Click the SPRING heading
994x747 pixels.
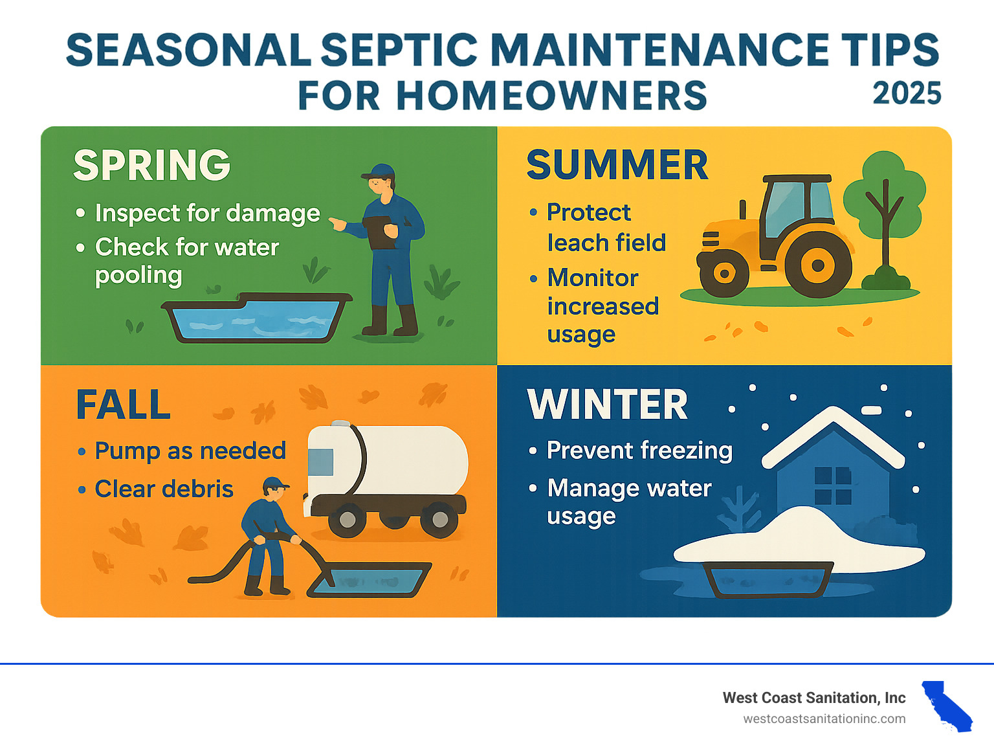point(151,165)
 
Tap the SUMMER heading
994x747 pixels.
point(617,165)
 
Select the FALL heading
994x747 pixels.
point(123,405)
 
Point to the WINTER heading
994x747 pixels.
point(607,405)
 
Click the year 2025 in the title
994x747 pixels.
point(907,93)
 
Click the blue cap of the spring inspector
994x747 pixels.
point(379,172)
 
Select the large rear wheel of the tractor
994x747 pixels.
point(818,265)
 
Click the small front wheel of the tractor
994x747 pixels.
point(724,273)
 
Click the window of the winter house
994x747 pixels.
point(833,485)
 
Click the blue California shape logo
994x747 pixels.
point(947,706)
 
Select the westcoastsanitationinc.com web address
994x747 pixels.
point(824,719)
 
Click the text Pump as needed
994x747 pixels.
point(190,451)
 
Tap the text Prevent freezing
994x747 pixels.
point(639,451)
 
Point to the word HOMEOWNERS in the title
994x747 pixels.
point(551,95)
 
